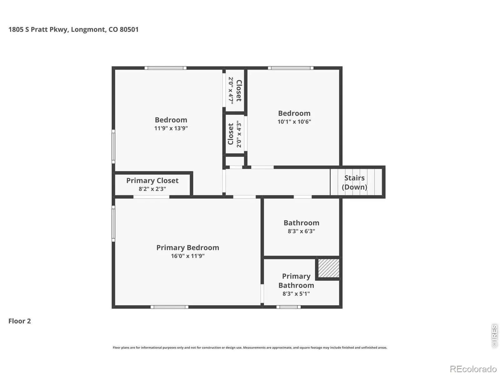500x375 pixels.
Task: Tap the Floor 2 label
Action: pyautogui.click(x=20, y=321)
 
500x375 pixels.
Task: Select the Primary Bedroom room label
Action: pyautogui.click(x=188, y=247)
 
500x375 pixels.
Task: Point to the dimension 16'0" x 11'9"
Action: pyautogui.click(x=188, y=256)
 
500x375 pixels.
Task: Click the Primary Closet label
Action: pyautogui.click(x=152, y=181)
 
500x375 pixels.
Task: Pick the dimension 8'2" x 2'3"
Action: pyautogui.click(x=152, y=189)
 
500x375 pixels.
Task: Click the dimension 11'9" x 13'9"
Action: pyautogui.click(x=171, y=128)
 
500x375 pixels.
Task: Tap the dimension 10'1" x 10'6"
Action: pyautogui.click(x=294, y=122)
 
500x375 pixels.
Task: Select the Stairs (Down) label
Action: pyautogui.click(x=354, y=182)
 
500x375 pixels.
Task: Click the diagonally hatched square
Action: pyautogui.click(x=329, y=268)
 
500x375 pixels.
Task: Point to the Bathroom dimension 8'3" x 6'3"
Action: pyautogui.click(x=301, y=231)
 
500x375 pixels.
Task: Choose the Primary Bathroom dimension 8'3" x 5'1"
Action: pyautogui.click(x=296, y=294)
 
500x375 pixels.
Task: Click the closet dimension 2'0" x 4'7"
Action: pyautogui.click(x=231, y=91)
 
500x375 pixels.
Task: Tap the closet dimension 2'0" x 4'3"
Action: pyautogui.click(x=239, y=134)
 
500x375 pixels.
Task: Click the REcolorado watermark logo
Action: pyautogui.click(x=473, y=369)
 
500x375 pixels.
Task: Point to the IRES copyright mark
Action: pyautogui.click(x=494, y=336)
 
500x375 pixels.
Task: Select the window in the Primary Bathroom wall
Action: pyautogui.click(x=289, y=307)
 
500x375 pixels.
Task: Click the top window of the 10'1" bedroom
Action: pyautogui.click(x=291, y=68)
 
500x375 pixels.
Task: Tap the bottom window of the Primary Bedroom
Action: pyautogui.click(x=169, y=307)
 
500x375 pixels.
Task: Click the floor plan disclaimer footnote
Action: pyautogui.click(x=250, y=347)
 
